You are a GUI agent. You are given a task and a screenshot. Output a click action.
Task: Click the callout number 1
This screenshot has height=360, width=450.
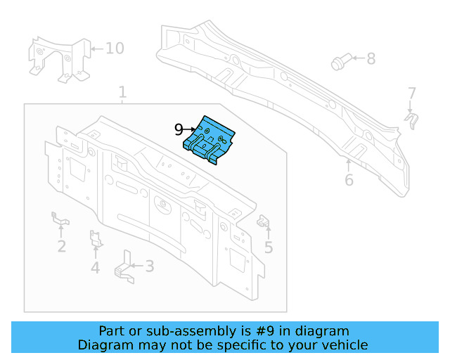click(122, 92)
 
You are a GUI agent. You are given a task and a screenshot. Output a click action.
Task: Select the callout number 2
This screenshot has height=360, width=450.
click(62, 246)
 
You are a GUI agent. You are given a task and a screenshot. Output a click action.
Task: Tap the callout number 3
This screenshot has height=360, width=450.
click(149, 266)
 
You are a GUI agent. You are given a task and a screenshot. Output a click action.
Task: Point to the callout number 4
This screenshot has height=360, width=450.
click(95, 267)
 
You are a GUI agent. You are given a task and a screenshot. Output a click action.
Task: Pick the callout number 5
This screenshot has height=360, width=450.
click(269, 247)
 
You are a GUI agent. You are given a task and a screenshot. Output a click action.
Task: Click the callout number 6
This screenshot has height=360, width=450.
click(349, 180)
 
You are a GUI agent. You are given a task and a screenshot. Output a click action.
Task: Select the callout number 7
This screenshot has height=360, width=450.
click(412, 93)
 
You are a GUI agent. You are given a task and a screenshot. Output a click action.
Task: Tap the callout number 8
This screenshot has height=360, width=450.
click(371, 59)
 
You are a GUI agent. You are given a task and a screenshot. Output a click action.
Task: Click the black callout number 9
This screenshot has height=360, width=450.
click(179, 129)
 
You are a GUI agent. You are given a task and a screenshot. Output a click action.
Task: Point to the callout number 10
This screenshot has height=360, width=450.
click(114, 49)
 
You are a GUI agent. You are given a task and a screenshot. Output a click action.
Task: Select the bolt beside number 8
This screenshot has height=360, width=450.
click(340, 63)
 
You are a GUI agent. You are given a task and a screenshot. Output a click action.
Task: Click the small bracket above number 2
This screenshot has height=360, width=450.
click(60, 220)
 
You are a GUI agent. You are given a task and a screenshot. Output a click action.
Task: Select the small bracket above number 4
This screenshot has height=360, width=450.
click(96, 240)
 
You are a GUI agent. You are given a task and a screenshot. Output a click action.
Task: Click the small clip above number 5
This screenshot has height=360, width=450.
click(265, 221)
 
